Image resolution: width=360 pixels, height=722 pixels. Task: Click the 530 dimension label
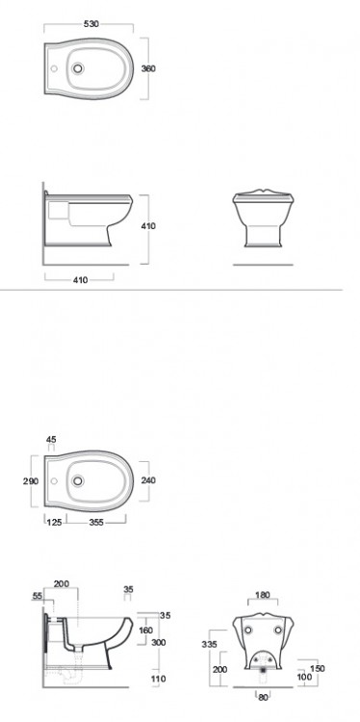coord(91,24)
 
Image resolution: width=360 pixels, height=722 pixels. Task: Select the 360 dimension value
coord(148,68)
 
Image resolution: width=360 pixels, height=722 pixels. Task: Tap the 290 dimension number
coord(31,481)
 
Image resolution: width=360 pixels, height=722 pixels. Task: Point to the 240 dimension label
coord(148,480)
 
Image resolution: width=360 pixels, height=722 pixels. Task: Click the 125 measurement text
coord(55,523)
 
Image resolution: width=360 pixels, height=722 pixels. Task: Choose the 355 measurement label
coord(96,523)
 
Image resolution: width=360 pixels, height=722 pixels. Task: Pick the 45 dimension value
coord(51,439)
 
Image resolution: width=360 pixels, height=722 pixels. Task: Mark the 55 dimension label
coord(38,596)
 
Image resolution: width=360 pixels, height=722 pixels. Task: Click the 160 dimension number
coord(145,630)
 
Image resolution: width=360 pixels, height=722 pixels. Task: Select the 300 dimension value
coord(159,642)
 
